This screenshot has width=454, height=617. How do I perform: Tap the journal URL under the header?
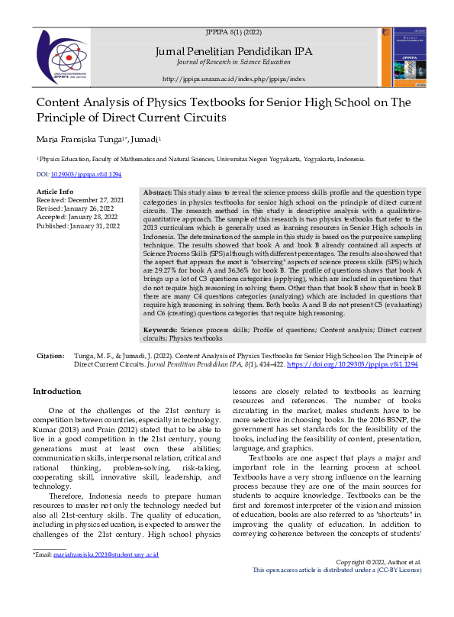tap(233, 79)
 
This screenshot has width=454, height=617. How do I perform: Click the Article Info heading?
tap(55, 191)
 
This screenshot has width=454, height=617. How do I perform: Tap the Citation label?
tap(51, 357)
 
